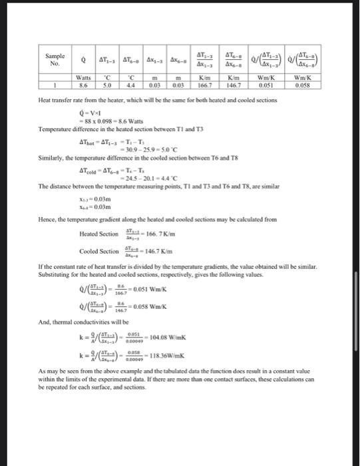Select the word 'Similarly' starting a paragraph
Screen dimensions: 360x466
[52, 160]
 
